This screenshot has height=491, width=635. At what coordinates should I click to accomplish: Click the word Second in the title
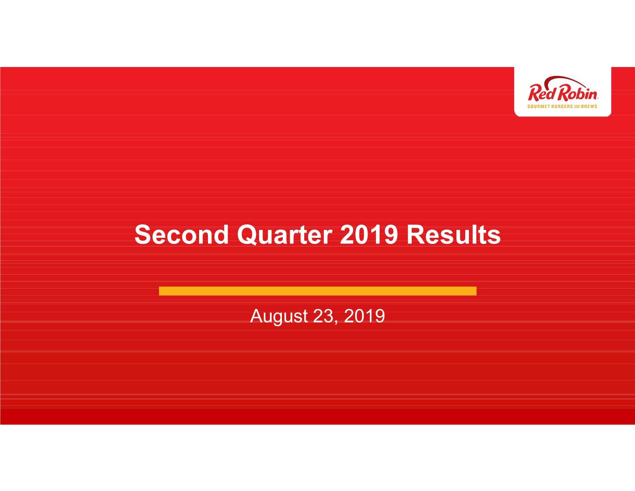click(x=181, y=235)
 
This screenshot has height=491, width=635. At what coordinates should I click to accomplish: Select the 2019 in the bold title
click(x=369, y=235)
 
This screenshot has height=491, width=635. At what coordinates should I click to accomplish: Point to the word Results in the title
click(x=454, y=235)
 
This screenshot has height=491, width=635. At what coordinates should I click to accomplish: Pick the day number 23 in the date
click(x=322, y=316)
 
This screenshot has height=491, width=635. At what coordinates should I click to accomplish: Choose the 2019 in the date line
click(x=364, y=316)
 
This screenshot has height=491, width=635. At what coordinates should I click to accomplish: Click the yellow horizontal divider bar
click(x=318, y=291)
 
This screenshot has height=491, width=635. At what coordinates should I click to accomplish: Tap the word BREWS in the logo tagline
click(x=588, y=107)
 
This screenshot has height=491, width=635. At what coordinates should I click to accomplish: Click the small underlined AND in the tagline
click(x=576, y=107)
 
